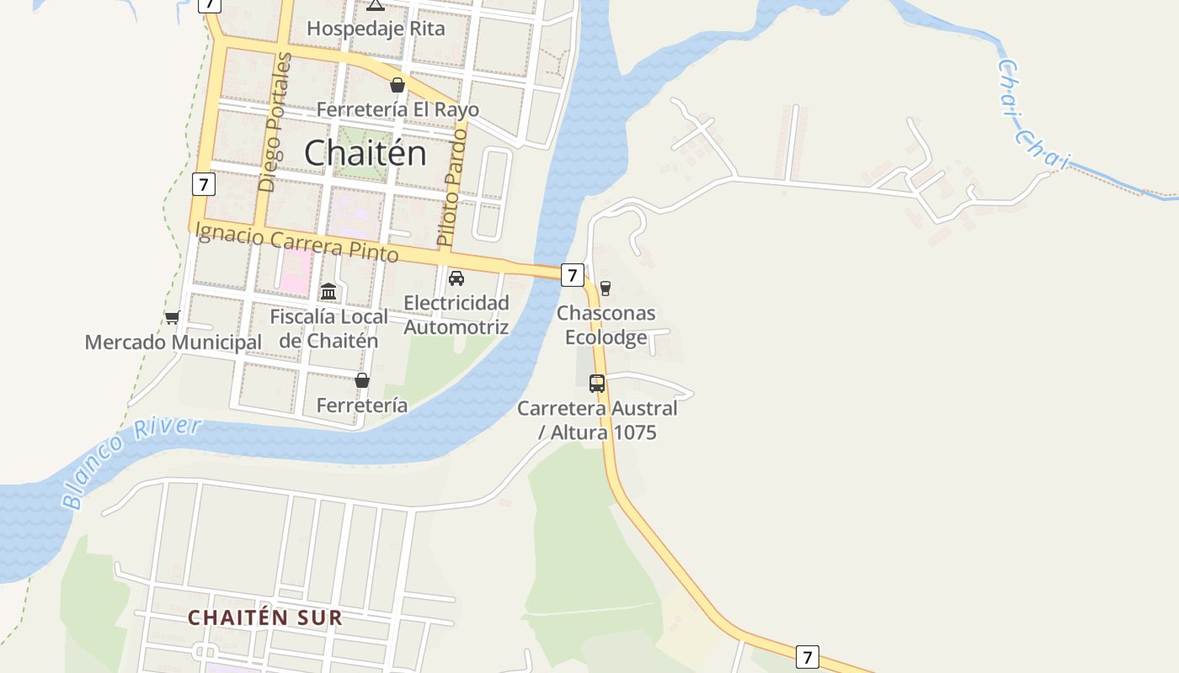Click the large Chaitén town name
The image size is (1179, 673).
[x=365, y=153]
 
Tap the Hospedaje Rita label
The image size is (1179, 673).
[x=376, y=29]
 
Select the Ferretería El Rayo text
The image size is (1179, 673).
[x=397, y=109]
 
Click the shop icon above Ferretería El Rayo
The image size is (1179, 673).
[x=397, y=85]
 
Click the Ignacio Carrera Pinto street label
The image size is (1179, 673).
[x=296, y=242]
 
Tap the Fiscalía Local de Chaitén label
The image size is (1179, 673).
[x=328, y=328]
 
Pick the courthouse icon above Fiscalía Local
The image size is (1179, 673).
[x=328, y=292]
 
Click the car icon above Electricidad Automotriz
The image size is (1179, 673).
[x=456, y=278]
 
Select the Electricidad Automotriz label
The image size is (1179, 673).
[x=456, y=315]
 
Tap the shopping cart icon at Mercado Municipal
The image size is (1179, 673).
[x=173, y=318]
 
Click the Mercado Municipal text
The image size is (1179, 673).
[x=173, y=342]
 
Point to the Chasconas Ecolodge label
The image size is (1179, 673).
[x=606, y=325]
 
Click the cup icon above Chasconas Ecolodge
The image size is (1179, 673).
[x=605, y=289]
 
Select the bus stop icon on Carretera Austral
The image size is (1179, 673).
[x=597, y=384]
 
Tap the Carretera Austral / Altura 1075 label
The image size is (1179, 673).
[x=597, y=421]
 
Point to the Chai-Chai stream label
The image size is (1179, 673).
[x=1033, y=116]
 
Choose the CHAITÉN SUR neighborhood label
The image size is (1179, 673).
[x=265, y=617]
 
